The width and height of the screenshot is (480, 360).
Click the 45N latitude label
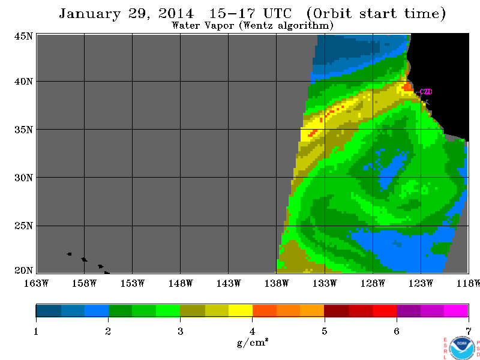click(23, 36)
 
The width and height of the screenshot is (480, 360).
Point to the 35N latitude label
click(23, 130)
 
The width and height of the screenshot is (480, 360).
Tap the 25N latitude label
click(23, 226)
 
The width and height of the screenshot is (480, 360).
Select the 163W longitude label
click(36, 283)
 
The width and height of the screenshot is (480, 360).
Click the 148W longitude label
click(181, 283)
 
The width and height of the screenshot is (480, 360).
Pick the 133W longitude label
click(325, 283)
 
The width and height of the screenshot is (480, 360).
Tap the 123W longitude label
click(421, 283)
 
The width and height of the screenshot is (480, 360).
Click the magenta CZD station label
click(426, 92)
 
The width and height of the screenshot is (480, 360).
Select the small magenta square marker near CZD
click(418, 95)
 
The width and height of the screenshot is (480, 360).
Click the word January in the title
click(89, 14)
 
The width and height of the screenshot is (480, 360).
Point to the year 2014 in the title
click(176, 13)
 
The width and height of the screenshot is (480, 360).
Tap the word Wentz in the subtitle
click(257, 25)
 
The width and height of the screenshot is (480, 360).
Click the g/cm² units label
click(253, 342)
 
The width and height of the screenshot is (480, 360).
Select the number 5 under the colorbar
click(324, 331)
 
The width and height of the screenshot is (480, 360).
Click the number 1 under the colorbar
click(36, 331)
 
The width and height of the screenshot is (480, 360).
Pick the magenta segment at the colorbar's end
click(456, 310)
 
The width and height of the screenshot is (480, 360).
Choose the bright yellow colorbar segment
click(241, 310)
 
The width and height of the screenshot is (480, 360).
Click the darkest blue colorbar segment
click(49, 310)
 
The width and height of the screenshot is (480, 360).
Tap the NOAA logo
click(462, 348)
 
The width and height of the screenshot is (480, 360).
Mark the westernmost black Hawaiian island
click(69, 254)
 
